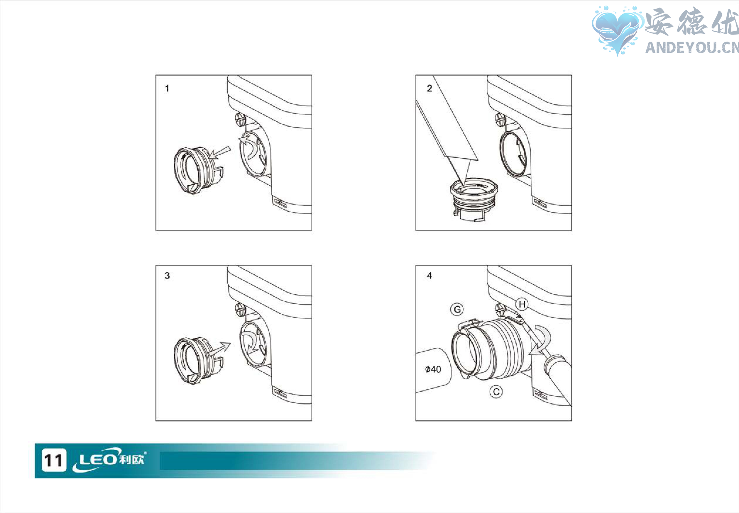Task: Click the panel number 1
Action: [x=167, y=89]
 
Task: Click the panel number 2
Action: [x=429, y=89]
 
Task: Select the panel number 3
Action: [x=167, y=276]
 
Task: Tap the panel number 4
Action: [x=429, y=276]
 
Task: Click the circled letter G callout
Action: [x=457, y=310]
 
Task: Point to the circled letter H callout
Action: [x=522, y=304]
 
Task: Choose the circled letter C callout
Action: [x=496, y=392]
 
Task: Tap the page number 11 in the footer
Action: [x=54, y=460]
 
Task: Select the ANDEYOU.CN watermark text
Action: [x=692, y=47]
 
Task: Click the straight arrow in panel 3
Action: [x=220, y=349]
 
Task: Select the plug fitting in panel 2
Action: [x=474, y=200]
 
